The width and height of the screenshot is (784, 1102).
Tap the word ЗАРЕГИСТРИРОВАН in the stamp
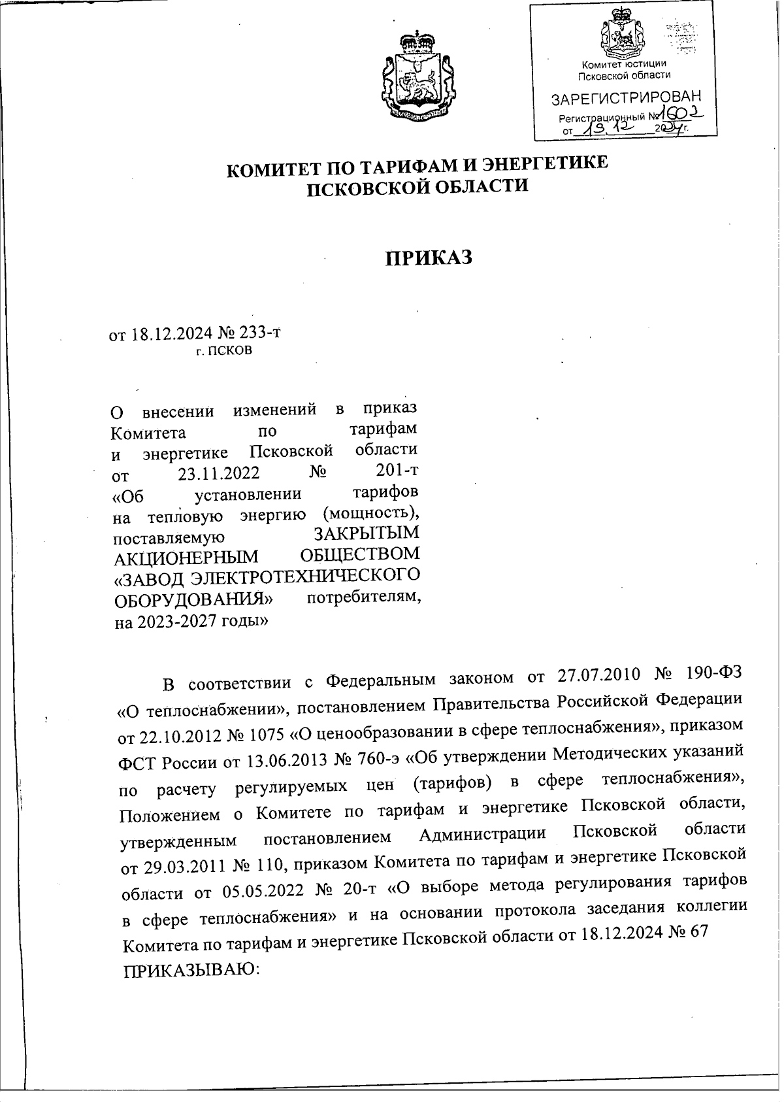point(625,99)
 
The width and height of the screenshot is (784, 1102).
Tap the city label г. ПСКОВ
point(223,351)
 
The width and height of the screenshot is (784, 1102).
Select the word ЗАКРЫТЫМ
point(365,534)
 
